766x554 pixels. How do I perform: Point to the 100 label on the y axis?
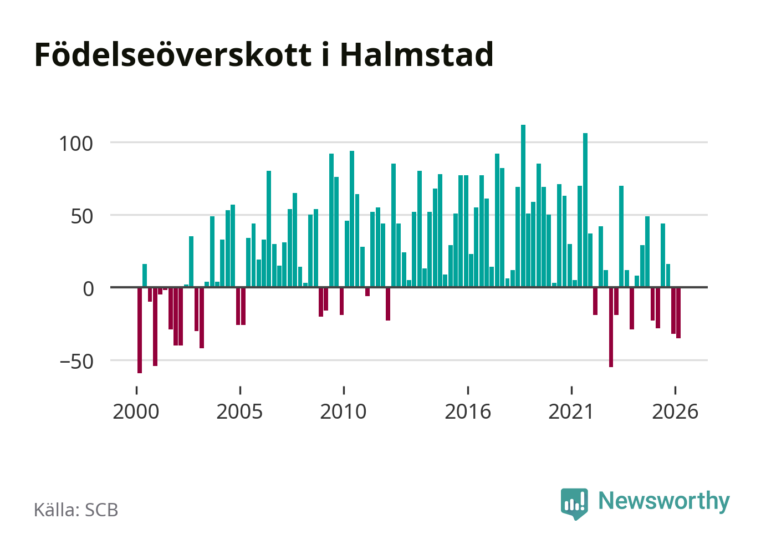click(x=76, y=144)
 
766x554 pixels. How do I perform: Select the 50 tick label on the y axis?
click(x=81, y=217)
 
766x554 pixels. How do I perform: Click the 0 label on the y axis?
click(x=88, y=289)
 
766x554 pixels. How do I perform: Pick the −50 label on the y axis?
click(x=76, y=362)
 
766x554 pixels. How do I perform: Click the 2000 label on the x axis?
click(x=136, y=411)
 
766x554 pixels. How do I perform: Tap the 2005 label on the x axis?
click(x=239, y=411)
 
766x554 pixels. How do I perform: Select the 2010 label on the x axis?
click(x=343, y=411)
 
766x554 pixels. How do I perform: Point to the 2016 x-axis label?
click(x=468, y=411)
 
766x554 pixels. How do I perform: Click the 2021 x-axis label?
click(x=571, y=411)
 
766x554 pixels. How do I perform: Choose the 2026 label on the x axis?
click(x=675, y=411)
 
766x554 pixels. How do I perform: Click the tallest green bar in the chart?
click(x=523, y=206)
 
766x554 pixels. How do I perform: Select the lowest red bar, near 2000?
click(x=140, y=331)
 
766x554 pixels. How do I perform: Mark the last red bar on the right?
click(x=678, y=313)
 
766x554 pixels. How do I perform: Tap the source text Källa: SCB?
click(x=76, y=510)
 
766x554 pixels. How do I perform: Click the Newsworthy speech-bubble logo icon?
click(x=574, y=504)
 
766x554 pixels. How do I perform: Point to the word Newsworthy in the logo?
click(x=664, y=501)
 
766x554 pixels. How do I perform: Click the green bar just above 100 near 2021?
click(x=585, y=210)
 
